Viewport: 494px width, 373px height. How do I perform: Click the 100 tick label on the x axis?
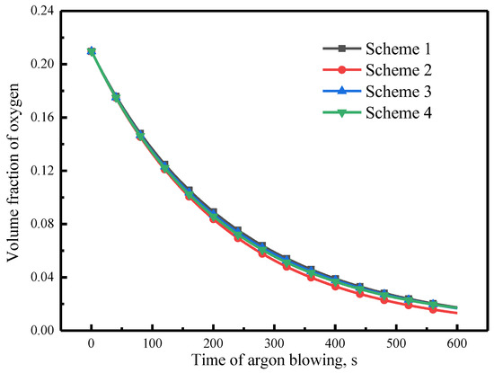[152, 343]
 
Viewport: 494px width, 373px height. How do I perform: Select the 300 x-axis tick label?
[274, 343]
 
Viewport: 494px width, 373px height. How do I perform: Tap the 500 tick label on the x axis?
[395, 343]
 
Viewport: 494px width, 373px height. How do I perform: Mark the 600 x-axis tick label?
[456, 343]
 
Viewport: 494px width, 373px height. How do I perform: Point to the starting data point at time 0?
[92, 51]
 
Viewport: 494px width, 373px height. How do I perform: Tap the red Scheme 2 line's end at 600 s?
[456, 313]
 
